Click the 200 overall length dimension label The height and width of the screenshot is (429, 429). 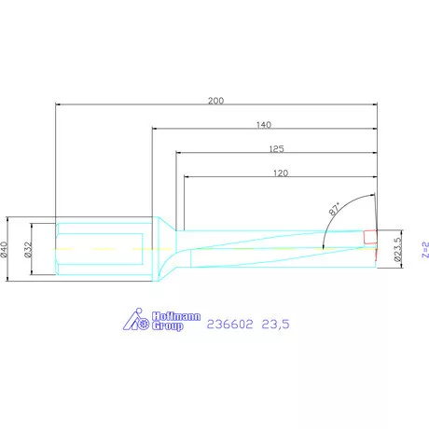215,101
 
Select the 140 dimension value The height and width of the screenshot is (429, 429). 264,125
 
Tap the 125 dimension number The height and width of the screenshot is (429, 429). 276,149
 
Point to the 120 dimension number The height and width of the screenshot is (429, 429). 281,173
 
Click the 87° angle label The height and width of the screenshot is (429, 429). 335,209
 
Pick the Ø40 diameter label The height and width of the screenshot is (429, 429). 4,249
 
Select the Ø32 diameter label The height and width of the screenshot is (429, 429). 28,249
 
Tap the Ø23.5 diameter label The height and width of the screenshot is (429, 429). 397,249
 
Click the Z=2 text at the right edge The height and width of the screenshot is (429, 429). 425,249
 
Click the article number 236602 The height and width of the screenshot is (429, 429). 230,325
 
